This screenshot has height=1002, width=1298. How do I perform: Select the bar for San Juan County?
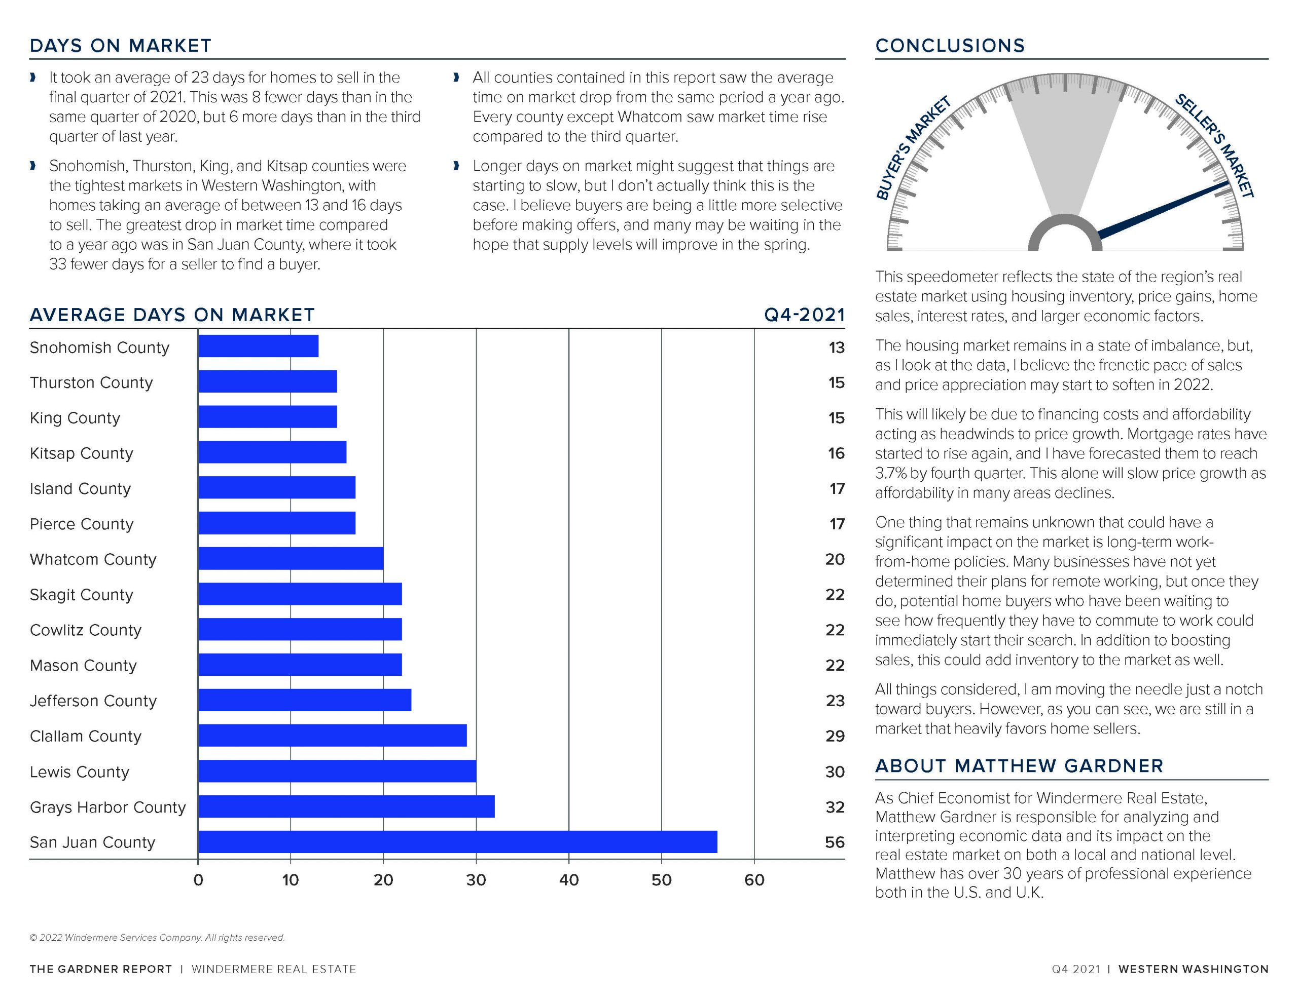[458, 841]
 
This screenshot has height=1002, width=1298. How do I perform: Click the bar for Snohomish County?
[259, 346]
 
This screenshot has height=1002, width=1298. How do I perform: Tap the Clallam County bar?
[333, 736]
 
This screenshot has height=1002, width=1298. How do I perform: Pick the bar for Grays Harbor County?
[346, 806]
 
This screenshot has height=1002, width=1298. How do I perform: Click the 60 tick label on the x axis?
[754, 879]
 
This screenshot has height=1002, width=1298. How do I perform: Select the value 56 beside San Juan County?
[835, 842]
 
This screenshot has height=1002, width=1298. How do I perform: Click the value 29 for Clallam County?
[835, 736]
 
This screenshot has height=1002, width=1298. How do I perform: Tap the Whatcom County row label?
[93, 559]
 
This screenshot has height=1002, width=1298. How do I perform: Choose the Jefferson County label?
[93, 701]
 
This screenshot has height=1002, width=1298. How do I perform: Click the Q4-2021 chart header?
[804, 315]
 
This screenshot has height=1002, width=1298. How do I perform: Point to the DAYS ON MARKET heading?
[121, 46]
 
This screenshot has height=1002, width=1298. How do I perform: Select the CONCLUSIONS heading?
[950, 46]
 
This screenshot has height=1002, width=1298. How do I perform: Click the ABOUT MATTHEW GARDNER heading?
[1019, 765]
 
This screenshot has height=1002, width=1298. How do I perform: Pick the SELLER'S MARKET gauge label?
[1214, 145]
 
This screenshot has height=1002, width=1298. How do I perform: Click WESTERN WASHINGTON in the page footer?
[1194, 969]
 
